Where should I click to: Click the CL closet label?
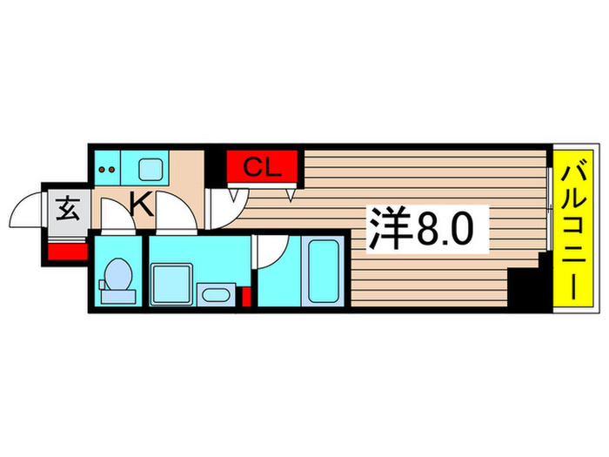(263, 166)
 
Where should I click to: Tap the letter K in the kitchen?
(141, 206)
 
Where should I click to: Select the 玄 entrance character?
(67, 209)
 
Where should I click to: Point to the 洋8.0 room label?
(425, 232)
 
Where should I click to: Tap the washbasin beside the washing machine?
(213, 293)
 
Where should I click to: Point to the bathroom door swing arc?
(270, 252)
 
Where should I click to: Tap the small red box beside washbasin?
(246, 297)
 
